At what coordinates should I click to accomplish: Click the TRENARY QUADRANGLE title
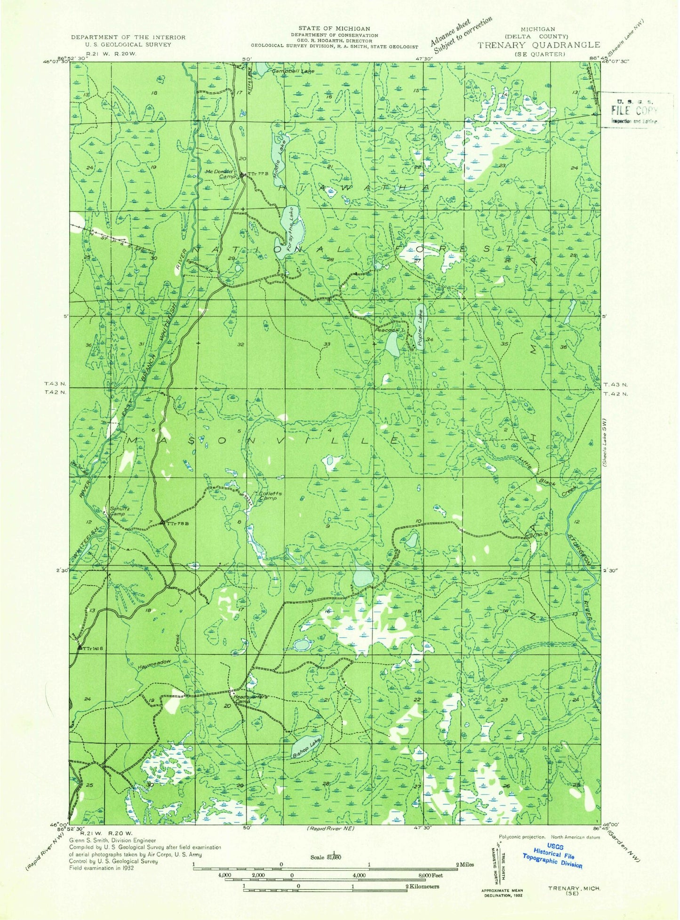(x=539, y=45)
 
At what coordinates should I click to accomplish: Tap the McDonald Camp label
(x=217, y=174)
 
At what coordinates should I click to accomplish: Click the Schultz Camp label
(x=117, y=511)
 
